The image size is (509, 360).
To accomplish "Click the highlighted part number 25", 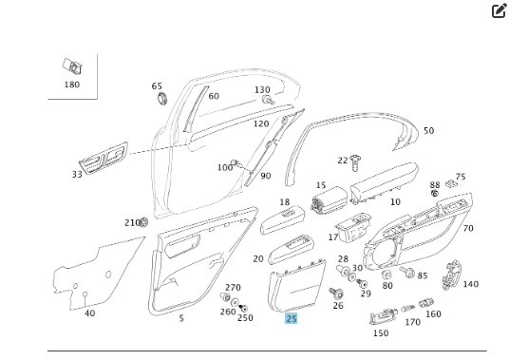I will point(292,318).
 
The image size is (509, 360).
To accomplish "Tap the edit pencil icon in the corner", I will point(499,11).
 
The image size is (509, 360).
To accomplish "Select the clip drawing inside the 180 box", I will point(71,66).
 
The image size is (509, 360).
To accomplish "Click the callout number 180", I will point(72,85).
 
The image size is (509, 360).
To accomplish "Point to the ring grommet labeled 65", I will point(160,98).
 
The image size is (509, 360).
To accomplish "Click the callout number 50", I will point(428,131).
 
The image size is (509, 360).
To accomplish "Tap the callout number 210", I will point(131,222).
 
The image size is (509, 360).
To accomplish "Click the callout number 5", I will point(181,318).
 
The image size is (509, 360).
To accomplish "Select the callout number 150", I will point(380,333).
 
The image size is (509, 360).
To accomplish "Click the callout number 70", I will point(467,228).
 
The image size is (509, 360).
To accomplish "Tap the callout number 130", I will point(262,89).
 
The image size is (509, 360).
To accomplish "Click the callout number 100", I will point(225,168).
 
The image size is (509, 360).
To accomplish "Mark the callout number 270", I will point(233,287).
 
